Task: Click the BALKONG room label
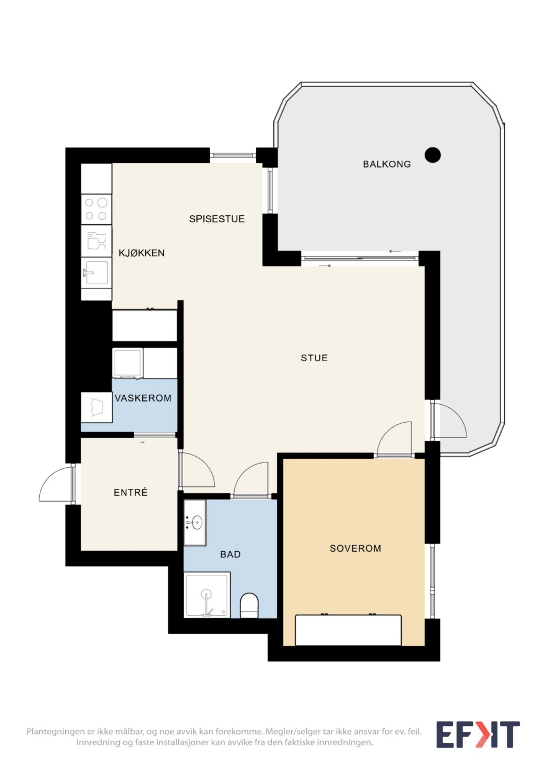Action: [x=386, y=164]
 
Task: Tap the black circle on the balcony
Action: [x=433, y=155]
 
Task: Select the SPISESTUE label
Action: [x=217, y=219]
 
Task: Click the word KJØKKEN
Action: [x=142, y=253]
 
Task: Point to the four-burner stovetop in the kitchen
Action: [x=96, y=209]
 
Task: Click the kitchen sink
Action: [x=96, y=273]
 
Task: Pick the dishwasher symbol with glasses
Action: [x=96, y=241]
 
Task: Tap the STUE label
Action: [x=314, y=358]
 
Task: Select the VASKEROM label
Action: [x=143, y=398]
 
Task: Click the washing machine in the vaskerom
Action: [x=127, y=364]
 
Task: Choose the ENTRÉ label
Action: [x=131, y=493]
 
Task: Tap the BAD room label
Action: [x=230, y=554]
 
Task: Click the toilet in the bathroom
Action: [x=249, y=606]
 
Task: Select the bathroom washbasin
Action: [x=195, y=523]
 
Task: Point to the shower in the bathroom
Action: [x=207, y=595]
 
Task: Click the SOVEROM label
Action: [x=356, y=548]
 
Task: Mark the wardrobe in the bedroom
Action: [x=348, y=630]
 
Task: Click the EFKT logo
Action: [x=478, y=735]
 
